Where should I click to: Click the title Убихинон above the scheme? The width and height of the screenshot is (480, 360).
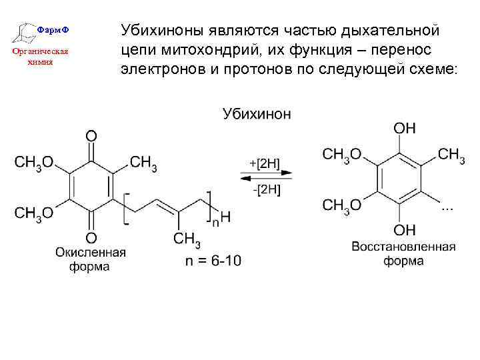click(256, 114)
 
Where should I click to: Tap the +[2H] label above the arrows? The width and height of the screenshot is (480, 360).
click(265, 162)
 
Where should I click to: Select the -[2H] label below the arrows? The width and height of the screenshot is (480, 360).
click(266, 189)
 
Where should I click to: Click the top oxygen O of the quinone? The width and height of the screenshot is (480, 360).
click(91, 136)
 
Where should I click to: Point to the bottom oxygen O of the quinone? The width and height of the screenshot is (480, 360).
click(91, 238)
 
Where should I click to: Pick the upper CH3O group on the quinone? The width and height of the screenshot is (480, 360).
click(34, 163)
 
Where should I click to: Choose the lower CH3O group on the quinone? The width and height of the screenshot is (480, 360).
click(34, 213)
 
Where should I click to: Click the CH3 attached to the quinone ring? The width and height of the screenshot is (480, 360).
click(143, 163)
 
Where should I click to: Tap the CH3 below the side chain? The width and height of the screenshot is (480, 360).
click(187, 239)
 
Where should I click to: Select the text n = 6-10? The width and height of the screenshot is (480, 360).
click(213, 260)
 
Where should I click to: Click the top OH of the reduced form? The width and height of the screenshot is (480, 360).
click(405, 127)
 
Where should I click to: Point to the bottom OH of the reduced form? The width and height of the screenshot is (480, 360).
click(405, 231)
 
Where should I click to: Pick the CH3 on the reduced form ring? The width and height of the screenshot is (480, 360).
click(452, 155)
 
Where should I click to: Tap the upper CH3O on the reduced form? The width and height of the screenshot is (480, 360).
click(342, 155)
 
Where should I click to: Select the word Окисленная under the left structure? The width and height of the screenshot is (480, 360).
click(91, 253)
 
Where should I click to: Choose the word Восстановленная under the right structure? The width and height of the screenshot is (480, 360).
click(403, 247)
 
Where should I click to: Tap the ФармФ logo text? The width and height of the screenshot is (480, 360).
click(51, 31)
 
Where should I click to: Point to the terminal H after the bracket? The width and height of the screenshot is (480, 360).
click(225, 217)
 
